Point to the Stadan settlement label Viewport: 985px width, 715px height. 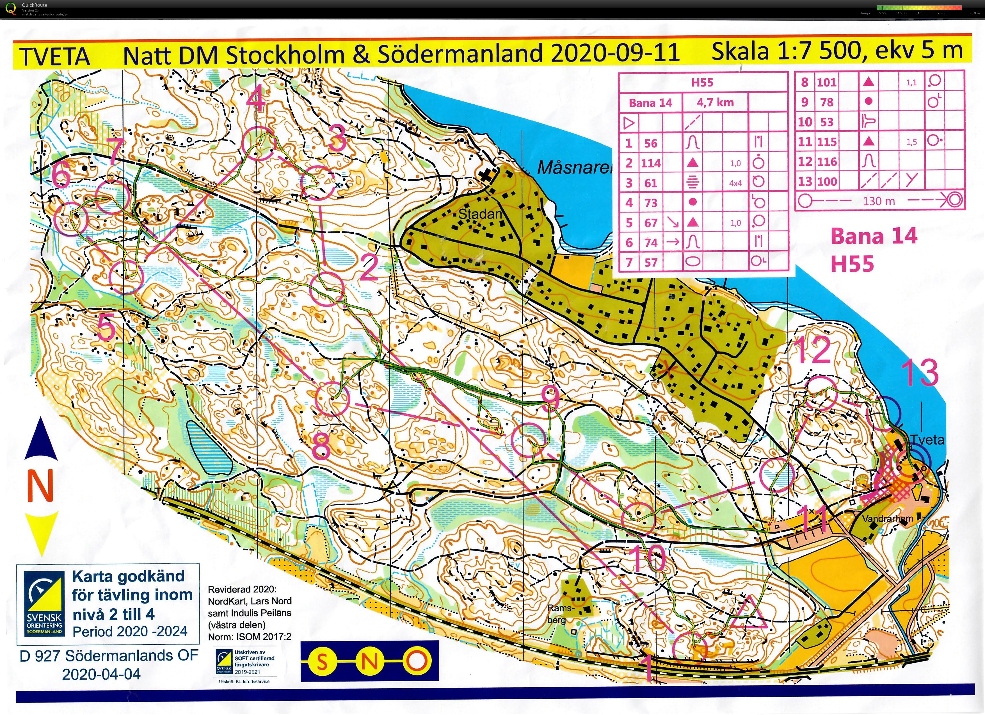pos(480,214)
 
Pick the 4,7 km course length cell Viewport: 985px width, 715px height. pos(715,103)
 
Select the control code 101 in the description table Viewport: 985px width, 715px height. pos(826,82)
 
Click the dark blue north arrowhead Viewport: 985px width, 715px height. pos(41,439)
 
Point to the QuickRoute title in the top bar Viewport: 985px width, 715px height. pos(35,5)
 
